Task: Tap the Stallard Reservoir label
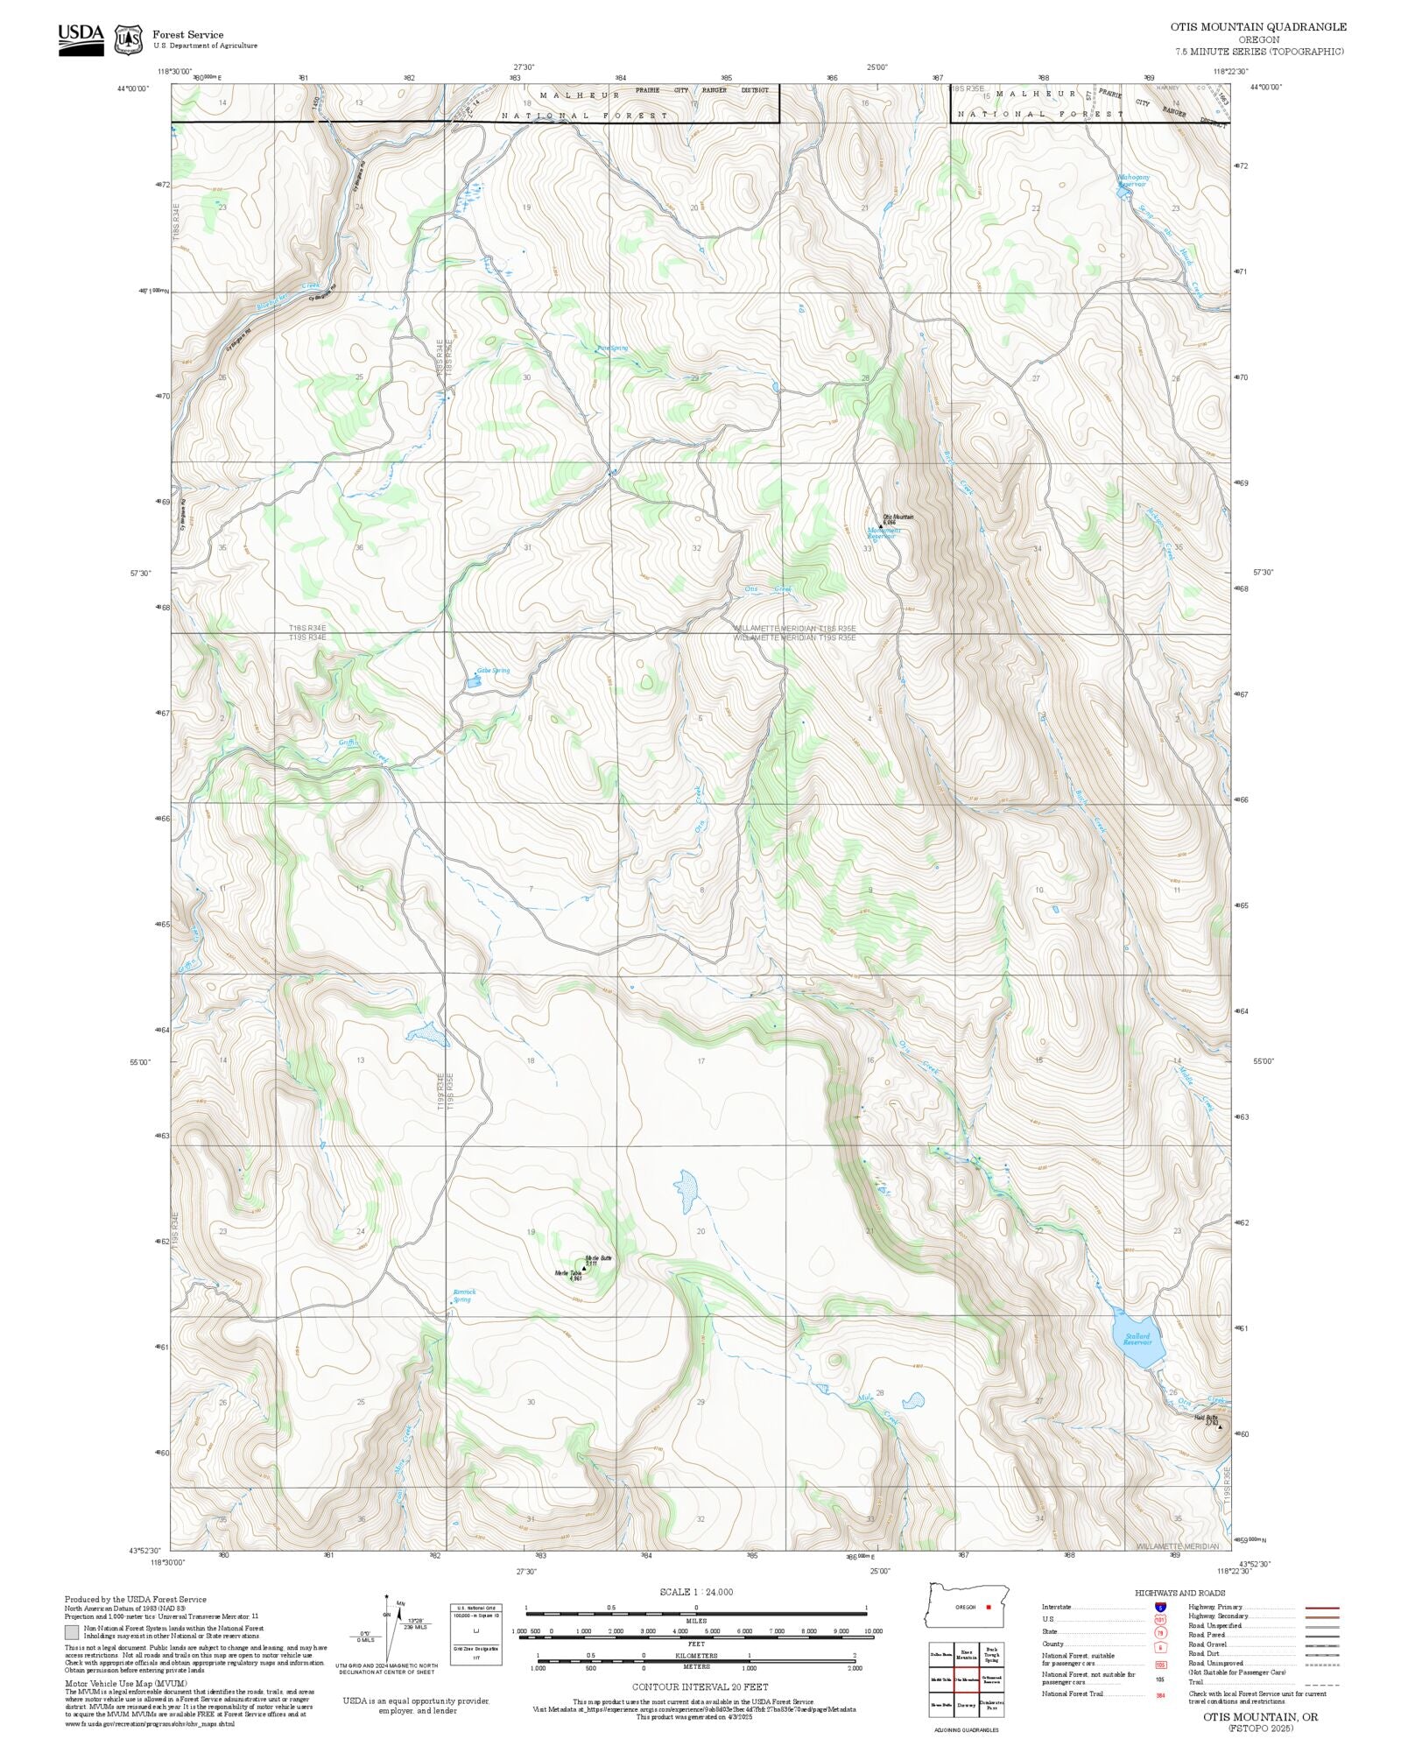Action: (x=1137, y=1339)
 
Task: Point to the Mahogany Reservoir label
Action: (x=1132, y=180)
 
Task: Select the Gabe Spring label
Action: (x=492, y=671)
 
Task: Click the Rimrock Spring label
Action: (x=463, y=1295)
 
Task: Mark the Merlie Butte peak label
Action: (x=598, y=1258)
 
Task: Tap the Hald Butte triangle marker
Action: (x=1220, y=1426)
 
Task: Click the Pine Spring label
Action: (x=612, y=349)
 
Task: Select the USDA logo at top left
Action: (x=81, y=39)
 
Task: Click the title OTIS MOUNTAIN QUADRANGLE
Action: (x=1258, y=27)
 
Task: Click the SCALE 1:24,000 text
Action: (x=696, y=1592)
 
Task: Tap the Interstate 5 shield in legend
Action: (x=1160, y=1608)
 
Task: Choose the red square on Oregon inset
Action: (x=988, y=1607)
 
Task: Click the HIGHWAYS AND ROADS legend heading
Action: (x=1179, y=1593)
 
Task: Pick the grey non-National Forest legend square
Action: (x=72, y=1632)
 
